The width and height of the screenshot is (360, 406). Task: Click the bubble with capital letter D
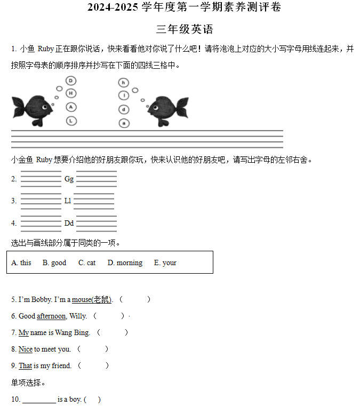pyautogui.click(x=71, y=81)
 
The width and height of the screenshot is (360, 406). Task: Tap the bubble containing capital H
pyautogui.click(x=71, y=93)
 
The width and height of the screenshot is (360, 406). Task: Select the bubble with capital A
pyautogui.click(x=71, y=107)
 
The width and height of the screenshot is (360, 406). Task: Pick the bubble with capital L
pyautogui.click(x=71, y=121)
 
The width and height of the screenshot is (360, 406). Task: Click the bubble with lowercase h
pyautogui.click(x=124, y=83)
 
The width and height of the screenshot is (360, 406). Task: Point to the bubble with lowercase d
pyautogui.click(x=124, y=110)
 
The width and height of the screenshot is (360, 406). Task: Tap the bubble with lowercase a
pyautogui.click(x=124, y=123)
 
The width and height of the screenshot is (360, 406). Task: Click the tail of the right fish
pyautogui.click(x=182, y=107)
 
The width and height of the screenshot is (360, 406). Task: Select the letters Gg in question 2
pyautogui.click(x=69, y=179)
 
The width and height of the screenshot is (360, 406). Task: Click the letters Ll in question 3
pyautogui.click(x=68, y=201)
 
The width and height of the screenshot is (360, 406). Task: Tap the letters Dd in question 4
pyautogui.click(x=69, y=223)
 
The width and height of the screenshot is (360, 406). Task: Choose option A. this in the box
pyautogui.click(x=21, y=262)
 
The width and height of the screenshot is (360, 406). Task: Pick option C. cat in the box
pyautogui.click(x=87, y=262)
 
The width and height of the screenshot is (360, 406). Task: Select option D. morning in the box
pyautogui.click(x=125, y=262)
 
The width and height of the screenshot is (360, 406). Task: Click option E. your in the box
pyautogui.click(x=165, y=262)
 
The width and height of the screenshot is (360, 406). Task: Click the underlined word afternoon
pyautogui.click(x=51, y=316)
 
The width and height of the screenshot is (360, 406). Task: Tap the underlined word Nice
pyautogui.click(x=26, y=349)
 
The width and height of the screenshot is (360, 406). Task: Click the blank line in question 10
pyautogui.click(x=39, y=400)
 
